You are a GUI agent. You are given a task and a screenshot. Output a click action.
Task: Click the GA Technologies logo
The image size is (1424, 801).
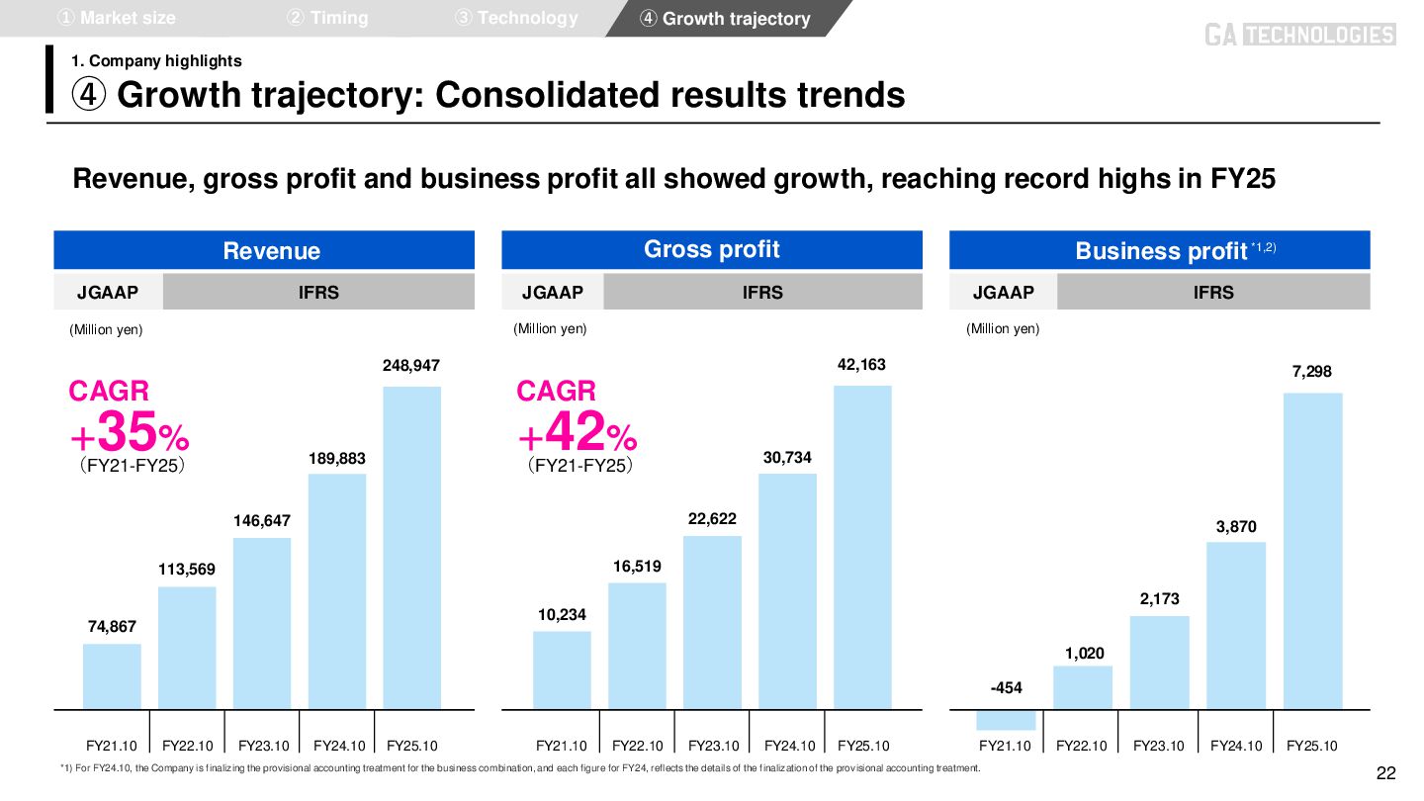tap(1299, 36)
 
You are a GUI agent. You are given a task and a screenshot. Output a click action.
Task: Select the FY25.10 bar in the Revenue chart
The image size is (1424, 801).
tap(411, 547)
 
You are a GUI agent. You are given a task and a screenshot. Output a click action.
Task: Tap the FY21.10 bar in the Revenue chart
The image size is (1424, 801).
tap(112, 676)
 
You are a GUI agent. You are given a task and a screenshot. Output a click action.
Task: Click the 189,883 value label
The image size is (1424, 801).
tap(337, 459)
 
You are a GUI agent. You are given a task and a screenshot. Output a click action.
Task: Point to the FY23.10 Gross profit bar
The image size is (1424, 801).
tap(712, 622)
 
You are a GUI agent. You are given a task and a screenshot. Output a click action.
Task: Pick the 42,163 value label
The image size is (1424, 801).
tap(861, 365)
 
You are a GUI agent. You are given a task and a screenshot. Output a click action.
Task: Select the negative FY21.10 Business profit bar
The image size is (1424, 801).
tap(1006, 720)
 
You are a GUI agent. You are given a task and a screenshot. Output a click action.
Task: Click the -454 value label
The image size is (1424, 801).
tap(1006, 687)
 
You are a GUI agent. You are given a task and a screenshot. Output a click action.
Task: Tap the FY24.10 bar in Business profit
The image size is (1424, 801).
tap(1235, 625)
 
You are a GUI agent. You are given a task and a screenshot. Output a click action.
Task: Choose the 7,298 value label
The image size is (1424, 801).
tap(1312, 372)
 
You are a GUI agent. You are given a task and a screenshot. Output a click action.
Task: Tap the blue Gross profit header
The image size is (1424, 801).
tap(712, 249)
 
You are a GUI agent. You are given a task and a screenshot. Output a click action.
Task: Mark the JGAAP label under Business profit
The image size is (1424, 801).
tap(1003, 292)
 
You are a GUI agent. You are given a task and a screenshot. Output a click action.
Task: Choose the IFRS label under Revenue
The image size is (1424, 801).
tap(318, 292)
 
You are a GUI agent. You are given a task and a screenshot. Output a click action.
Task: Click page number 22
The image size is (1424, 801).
tap(1386, 773)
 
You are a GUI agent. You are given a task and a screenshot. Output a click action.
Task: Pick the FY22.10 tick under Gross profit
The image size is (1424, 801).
tap(637, 746)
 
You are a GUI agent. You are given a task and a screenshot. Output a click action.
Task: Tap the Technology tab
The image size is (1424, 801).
tap(516, 18)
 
